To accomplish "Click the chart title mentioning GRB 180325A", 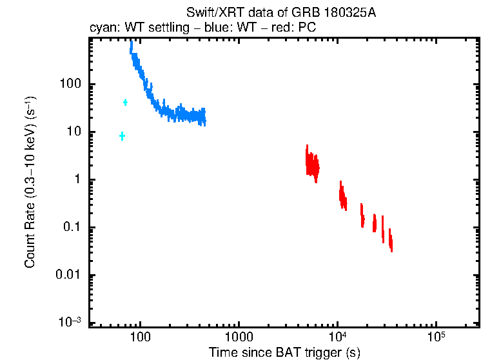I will tap(280, 13).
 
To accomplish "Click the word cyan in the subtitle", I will tap(101, 28).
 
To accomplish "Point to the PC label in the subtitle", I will tap(306, 28).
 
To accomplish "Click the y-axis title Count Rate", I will tap(30, 183).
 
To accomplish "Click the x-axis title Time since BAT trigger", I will tap(284, 352).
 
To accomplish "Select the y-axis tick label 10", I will tap(73, 132).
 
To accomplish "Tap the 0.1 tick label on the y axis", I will tap(71, 227).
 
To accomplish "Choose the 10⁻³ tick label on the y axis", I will tap(69, 322).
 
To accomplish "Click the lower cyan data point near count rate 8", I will tap(122, 135).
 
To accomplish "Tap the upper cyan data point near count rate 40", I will tap(125, 102).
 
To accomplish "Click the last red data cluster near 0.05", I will tap(390, 243).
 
